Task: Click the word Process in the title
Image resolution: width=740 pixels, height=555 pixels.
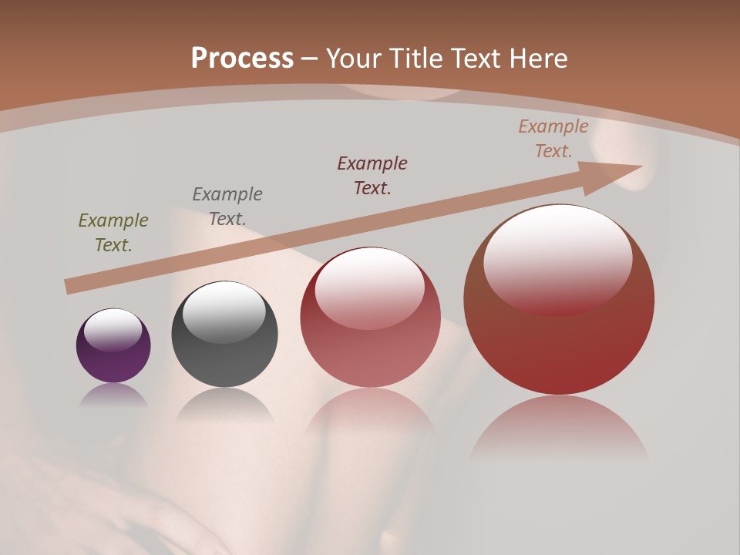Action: tap(242, 59)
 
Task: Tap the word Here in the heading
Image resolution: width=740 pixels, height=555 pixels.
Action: tap(539, 59)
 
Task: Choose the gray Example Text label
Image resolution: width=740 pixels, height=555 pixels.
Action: tap(227, 207)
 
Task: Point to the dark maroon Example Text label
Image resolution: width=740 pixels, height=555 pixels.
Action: tap(372, 176)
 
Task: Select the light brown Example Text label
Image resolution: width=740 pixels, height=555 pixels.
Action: tap(553, 139)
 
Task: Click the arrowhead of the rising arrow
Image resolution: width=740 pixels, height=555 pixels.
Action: tap(617, 174)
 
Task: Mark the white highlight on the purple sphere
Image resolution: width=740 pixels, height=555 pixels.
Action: tap(113, 330)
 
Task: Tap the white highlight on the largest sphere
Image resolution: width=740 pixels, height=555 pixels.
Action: tap(558, 258)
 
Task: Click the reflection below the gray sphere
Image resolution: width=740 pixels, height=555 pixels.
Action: tap(224, 405)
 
